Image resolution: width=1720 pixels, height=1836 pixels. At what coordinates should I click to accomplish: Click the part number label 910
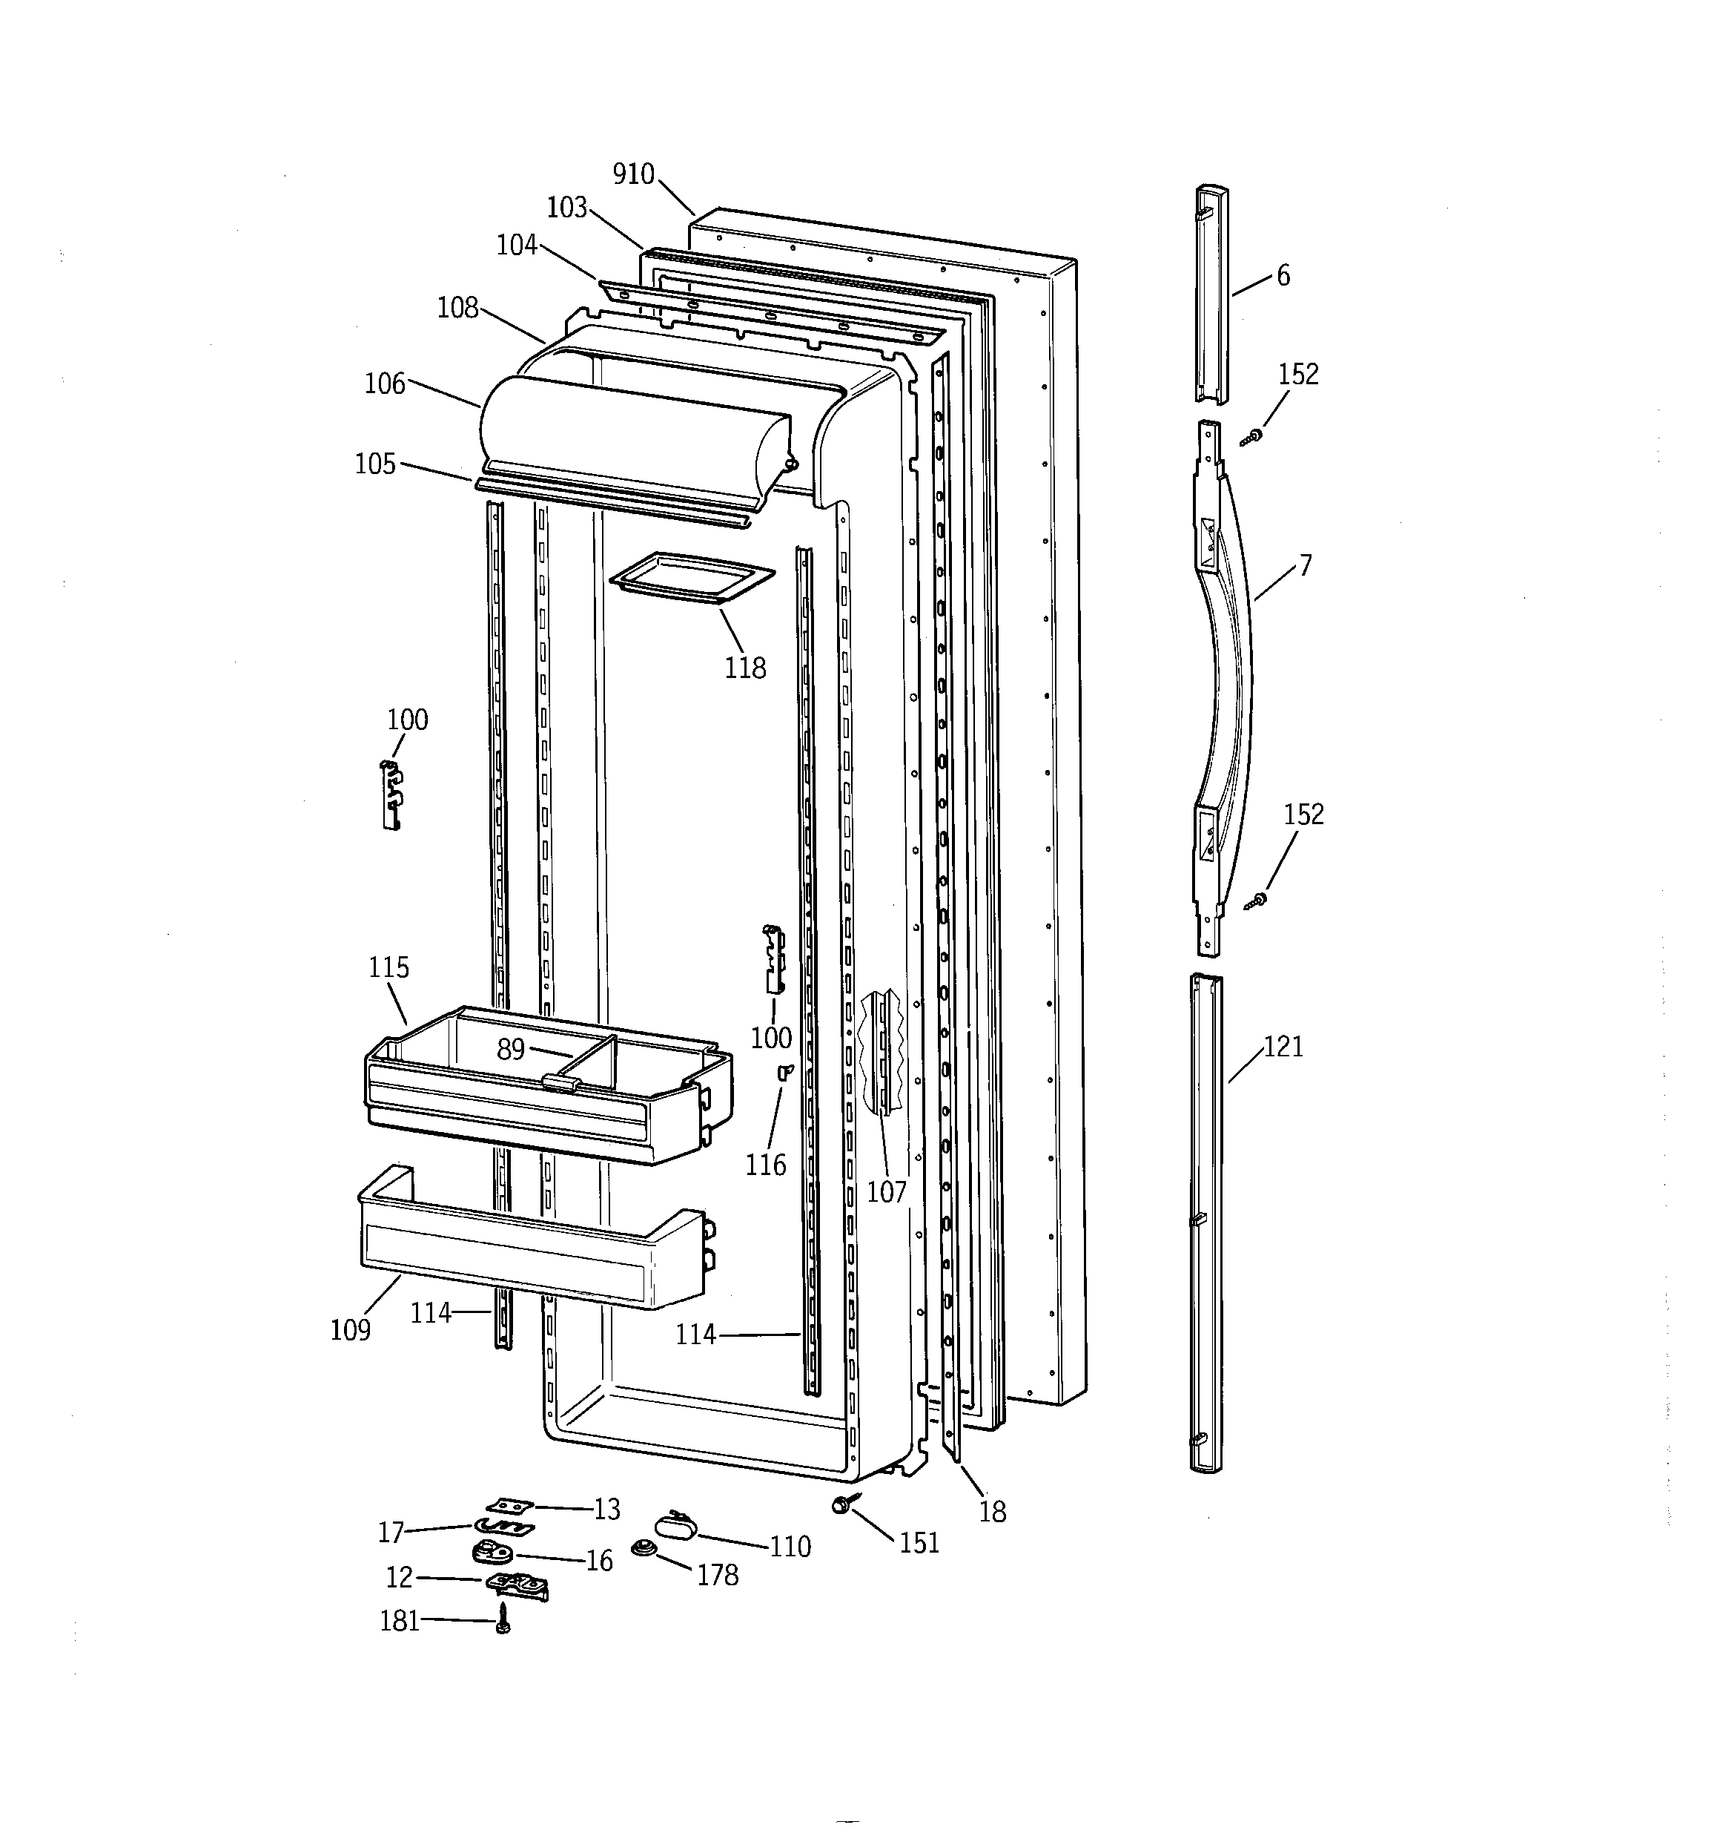tap(633, 174)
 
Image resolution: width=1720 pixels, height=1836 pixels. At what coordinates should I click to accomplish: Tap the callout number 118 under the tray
tap(745, 668)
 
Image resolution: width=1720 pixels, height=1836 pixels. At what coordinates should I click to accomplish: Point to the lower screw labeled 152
tap(1258, 900)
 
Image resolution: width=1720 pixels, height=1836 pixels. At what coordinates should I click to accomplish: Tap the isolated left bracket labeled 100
tap(393, 796)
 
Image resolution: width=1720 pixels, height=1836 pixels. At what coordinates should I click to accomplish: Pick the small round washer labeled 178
tap(641, 1548)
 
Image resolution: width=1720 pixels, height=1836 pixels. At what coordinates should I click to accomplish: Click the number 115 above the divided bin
tap(388, 968)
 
